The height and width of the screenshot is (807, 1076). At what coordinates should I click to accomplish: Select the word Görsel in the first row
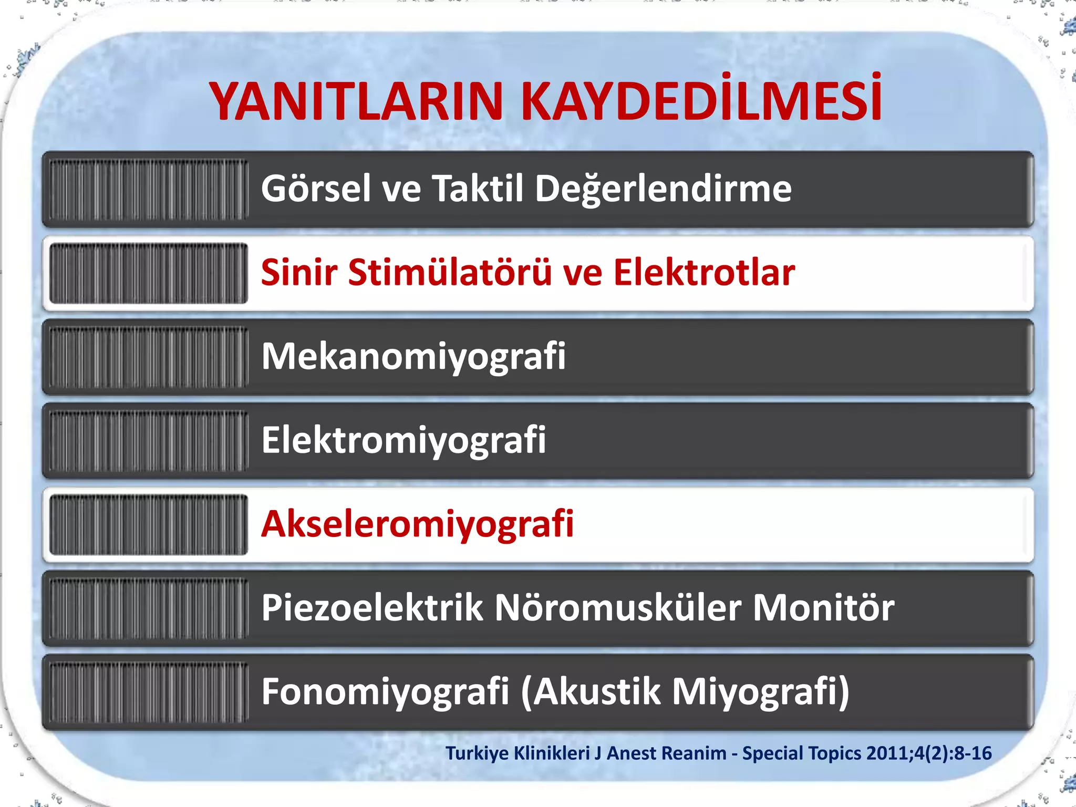[x=316, y=189]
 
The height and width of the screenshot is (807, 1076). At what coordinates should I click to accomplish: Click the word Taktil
[x=478, y=189]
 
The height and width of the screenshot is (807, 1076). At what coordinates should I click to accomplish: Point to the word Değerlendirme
[x=663, y=190]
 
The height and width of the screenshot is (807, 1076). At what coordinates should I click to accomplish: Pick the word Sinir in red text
[x=299, y=273]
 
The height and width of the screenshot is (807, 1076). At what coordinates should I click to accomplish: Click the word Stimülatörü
[x=450, y=273]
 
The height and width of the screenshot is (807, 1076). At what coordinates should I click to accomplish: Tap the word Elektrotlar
[x=704, y=273]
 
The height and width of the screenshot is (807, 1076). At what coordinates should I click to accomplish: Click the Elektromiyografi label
[x=403, y=441]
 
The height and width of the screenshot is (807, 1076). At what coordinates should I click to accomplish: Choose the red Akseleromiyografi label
[x=418, y=524]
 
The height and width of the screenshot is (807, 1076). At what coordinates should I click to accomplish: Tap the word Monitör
[x=823, y=608]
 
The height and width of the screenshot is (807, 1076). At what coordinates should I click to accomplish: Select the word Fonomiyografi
[x=385, y=692]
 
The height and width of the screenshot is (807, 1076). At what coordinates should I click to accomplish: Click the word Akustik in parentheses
[x=598, y=692]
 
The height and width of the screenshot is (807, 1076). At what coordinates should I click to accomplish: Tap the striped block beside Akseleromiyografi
[x=149, y=524]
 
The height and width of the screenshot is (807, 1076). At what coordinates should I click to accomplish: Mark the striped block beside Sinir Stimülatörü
[x=149, y=273]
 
